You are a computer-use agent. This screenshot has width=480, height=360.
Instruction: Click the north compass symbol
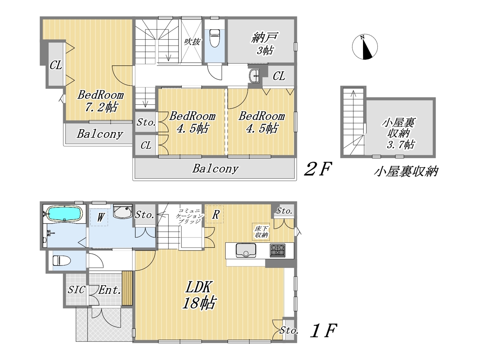(x=365, y=46)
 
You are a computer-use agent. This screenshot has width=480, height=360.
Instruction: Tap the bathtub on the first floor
(x=65, y=213)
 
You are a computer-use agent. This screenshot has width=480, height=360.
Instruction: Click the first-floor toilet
(x=61, y=261)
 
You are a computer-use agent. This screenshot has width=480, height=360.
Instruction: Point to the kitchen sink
(x=246, y=250)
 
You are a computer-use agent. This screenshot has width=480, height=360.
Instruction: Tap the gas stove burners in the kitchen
(x=277, y=250)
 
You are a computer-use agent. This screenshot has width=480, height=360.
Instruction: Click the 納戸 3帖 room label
(x=265, y=43)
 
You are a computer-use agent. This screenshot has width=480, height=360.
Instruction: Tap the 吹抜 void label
(x=192, y=42)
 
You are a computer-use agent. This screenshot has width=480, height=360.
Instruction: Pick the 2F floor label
(x=318, y=168)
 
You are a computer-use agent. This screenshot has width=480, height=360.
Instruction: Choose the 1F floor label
(x=323, y=330)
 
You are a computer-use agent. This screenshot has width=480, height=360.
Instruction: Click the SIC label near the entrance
(x=76, y=290)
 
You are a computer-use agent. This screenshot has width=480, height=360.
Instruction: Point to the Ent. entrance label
(x=109, y=290)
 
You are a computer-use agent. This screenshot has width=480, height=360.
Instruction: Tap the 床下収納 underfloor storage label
(x=261, y=232)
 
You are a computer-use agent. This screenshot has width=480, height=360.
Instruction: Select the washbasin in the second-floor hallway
(x=254, y=76)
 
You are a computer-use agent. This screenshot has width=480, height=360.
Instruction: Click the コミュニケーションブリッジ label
(x=189, y=216)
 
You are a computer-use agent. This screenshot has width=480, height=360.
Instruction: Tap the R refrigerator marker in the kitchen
(x=215, y=214)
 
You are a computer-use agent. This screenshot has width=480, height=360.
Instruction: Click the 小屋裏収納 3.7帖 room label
(x=399, y=133)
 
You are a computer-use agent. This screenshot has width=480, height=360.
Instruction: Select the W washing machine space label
(x=100, y=217)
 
